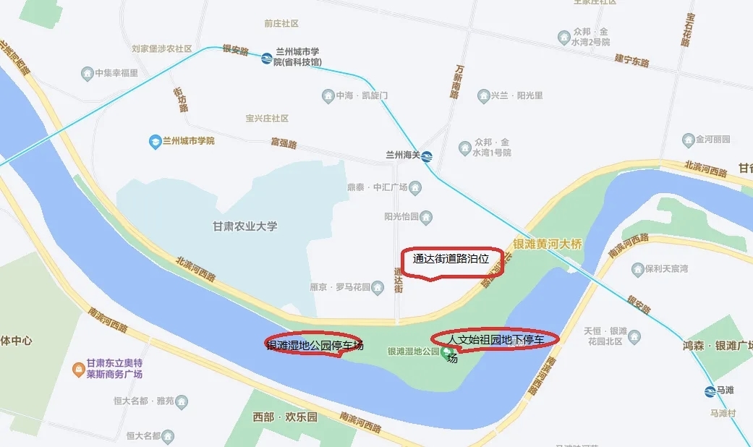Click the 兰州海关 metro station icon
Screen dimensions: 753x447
[427, 156]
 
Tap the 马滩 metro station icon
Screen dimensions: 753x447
[710, 391]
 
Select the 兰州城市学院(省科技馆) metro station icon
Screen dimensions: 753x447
[267, 58]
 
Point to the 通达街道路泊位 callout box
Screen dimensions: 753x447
[451, 261]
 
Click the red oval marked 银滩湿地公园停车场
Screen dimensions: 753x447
[312, 346]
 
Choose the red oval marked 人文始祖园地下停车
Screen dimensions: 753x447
[495, 339]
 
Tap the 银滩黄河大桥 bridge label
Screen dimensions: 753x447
[547, 244]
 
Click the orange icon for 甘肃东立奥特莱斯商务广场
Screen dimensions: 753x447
[78, 370]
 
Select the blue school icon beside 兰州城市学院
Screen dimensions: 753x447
[154, 141]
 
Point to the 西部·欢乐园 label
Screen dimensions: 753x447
[284, 417]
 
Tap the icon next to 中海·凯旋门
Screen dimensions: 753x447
[328, 95]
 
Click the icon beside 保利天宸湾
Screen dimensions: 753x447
[637, 269]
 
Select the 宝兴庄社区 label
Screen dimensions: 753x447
[267, 118]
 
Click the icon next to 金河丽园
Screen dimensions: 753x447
[688, 139]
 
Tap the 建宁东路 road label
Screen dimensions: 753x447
[631, 60]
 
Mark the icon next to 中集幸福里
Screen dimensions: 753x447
[88, 73]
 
